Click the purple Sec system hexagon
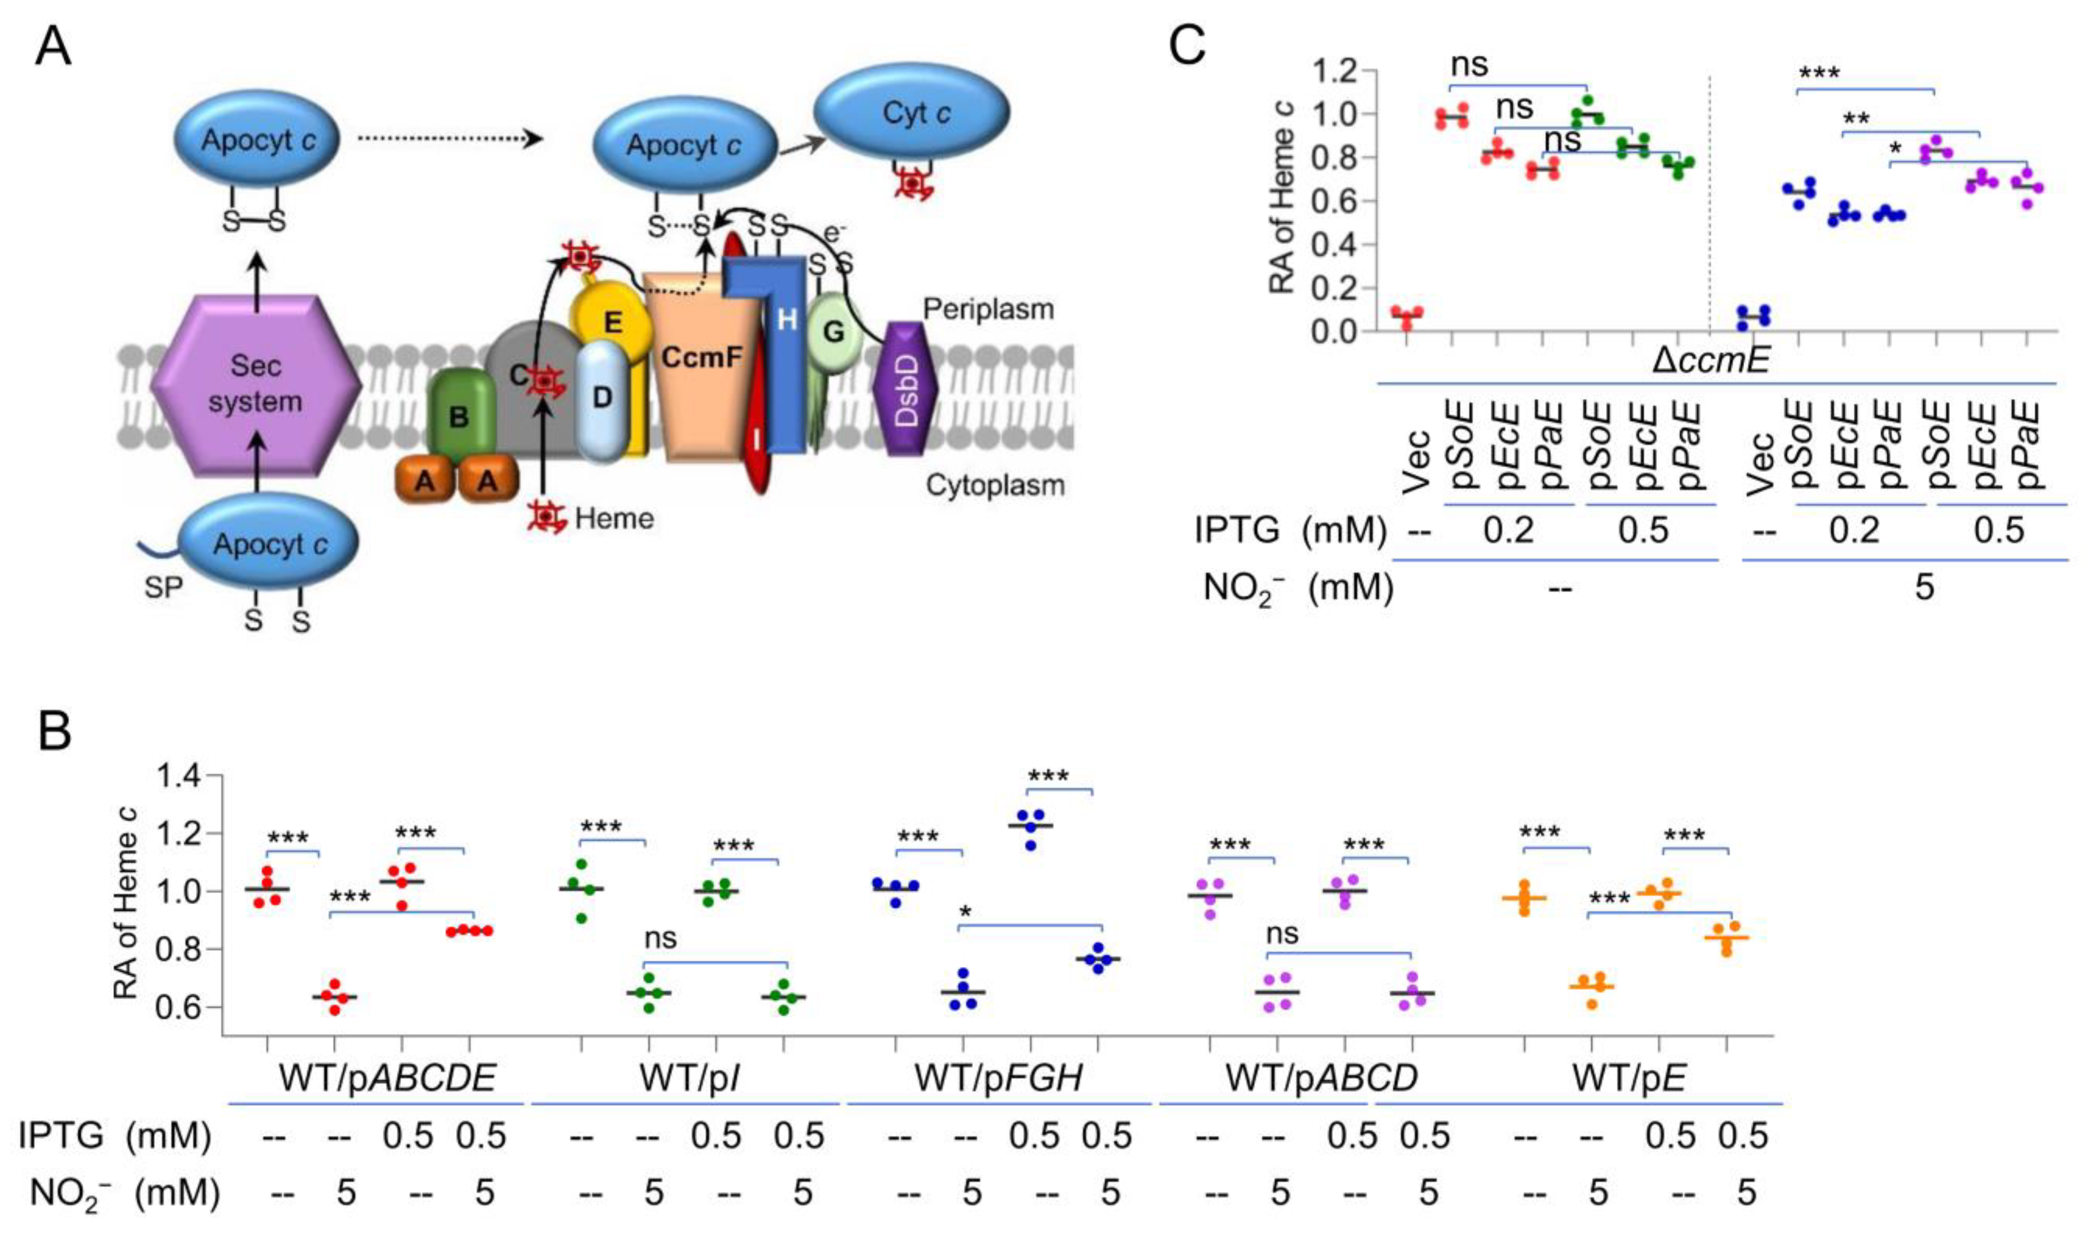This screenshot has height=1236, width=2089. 255,385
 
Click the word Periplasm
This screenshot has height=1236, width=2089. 988,310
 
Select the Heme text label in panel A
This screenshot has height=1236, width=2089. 614,518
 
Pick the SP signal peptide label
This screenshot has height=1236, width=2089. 163,587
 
